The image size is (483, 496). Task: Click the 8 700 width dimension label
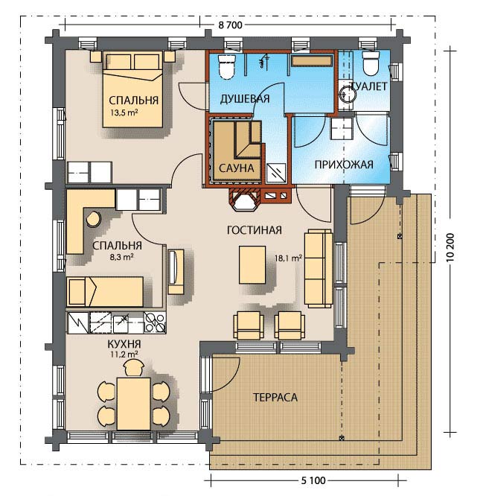230,25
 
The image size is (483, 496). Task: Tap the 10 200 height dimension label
450,247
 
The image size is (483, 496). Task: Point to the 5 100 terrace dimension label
313,480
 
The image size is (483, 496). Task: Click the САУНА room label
236,168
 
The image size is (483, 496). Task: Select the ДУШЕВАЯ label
245,99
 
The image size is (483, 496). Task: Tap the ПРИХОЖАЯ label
344,165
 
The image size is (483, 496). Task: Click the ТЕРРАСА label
275,397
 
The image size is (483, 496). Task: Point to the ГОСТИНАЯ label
254,230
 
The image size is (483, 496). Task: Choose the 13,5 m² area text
124,112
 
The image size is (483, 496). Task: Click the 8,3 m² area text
121,256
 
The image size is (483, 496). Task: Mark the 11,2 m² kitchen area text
124,354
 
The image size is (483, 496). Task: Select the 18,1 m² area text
288,258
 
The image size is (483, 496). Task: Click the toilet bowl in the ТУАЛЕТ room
371,63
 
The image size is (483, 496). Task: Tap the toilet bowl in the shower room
227,66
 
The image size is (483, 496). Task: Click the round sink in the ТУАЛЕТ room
347,94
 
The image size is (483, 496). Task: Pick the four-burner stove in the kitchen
155,322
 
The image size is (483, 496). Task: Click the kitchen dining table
134,404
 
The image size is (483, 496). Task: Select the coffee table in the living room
252,265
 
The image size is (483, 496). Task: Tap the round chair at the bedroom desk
93,219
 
